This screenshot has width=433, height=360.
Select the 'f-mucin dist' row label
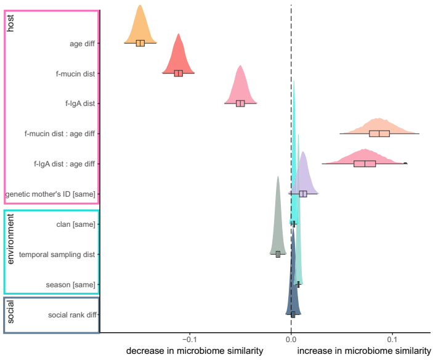pos(76,73)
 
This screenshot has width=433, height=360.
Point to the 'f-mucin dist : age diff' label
pos(60,134)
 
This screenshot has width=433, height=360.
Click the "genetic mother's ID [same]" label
pos(51,194)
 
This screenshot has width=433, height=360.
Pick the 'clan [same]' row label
pos(76,224)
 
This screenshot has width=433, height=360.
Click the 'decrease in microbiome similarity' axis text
pos(195,351)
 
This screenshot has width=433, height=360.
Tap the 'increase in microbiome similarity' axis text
pos(364,351)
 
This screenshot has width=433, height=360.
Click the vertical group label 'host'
pos(11,23)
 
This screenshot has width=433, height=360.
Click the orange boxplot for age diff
pos(140,43)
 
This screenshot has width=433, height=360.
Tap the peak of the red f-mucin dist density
pos(179,35)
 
